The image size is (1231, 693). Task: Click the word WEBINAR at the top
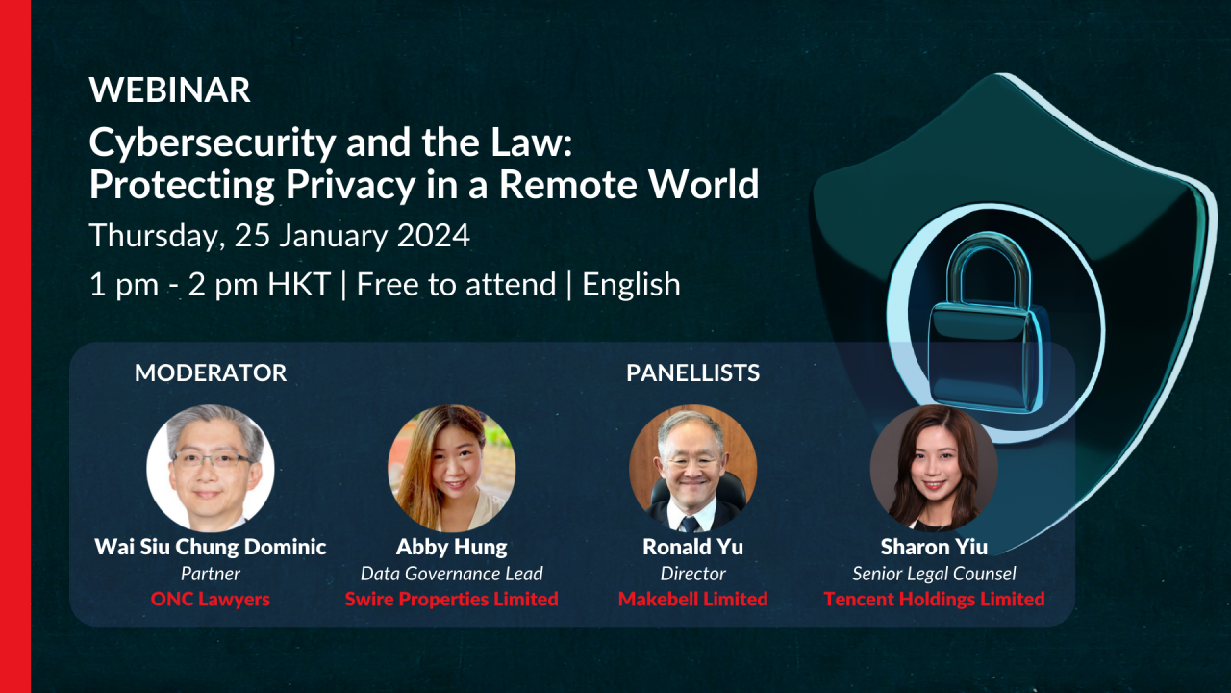(169, 90)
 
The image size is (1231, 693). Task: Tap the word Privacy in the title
(350, 186)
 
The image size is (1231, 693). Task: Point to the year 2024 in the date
(434, 236)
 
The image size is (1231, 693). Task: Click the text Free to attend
(456, 284)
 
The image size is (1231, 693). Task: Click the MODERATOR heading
(211, 372)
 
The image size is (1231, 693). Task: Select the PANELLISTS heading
(693, 372)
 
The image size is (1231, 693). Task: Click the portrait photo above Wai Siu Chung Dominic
(211, 468)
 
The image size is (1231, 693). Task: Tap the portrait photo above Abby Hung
(452, 468)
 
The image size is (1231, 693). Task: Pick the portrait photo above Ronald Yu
(693, 468)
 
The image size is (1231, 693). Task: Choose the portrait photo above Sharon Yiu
(934, 468)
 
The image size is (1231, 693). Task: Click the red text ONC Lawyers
(211, 599)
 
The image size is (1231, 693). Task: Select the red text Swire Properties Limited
(452, 599)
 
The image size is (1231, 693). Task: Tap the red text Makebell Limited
(693, 599)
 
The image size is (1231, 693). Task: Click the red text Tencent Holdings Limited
(934, 599)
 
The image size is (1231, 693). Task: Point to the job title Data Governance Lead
(452, 574)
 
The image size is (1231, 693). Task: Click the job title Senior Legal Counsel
(934, 575)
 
